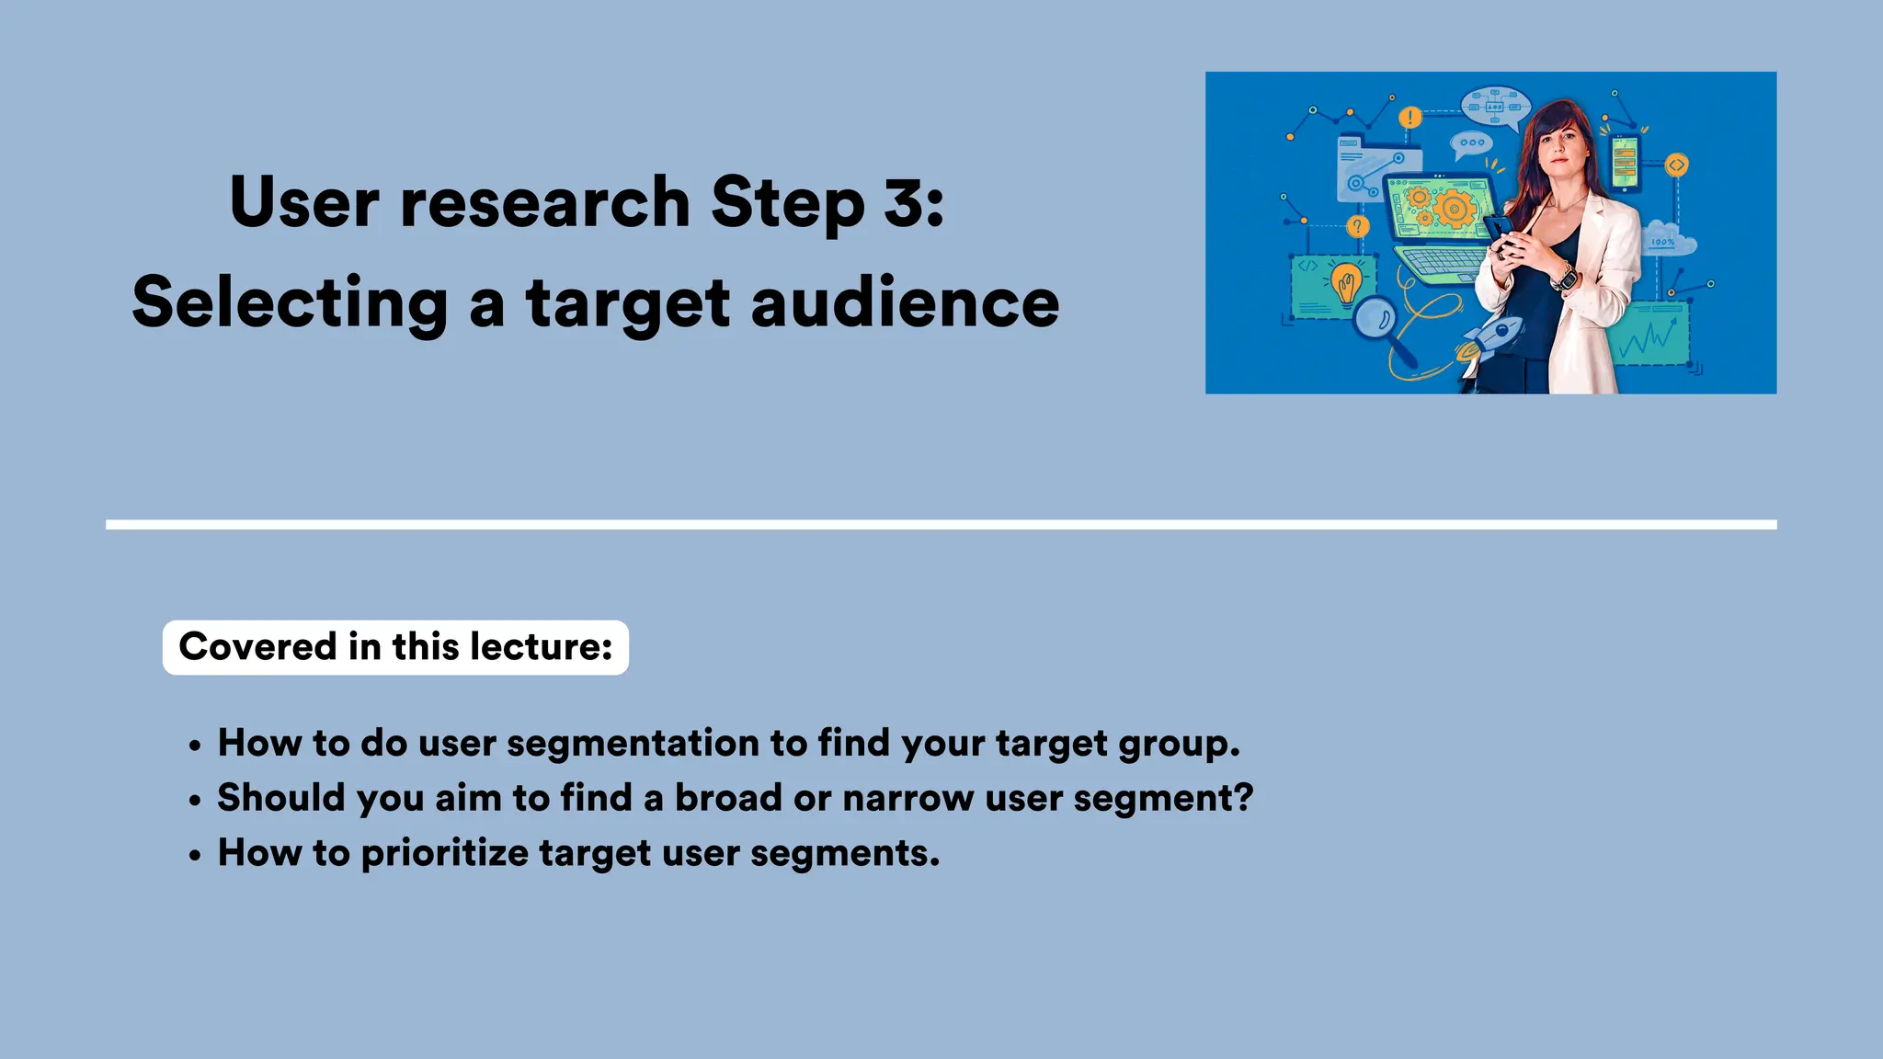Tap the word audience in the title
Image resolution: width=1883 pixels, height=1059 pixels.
tap(905, 302)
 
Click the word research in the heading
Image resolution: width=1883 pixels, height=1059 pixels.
tap(544, 201)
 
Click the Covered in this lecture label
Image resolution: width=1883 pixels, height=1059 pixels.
tap(395, 647)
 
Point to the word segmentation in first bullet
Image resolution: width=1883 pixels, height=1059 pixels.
tap(637, 743)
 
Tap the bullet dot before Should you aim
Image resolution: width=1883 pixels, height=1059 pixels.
tap(194, 801)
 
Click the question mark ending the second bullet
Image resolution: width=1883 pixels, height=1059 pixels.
tap(1243, 797)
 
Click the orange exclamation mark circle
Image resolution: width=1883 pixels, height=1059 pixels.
tap(1409, 118)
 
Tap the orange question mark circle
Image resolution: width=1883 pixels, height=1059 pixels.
tap(1357, 226)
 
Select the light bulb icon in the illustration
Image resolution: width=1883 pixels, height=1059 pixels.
tap(1346, 283)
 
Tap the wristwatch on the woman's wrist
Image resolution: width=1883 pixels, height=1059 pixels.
tap(1564, 275)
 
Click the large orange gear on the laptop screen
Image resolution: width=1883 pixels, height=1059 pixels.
tap(1454, 209)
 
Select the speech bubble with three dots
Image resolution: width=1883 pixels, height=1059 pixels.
tap(1471, 143)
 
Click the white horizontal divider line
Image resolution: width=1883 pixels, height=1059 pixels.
tap(941, 525)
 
